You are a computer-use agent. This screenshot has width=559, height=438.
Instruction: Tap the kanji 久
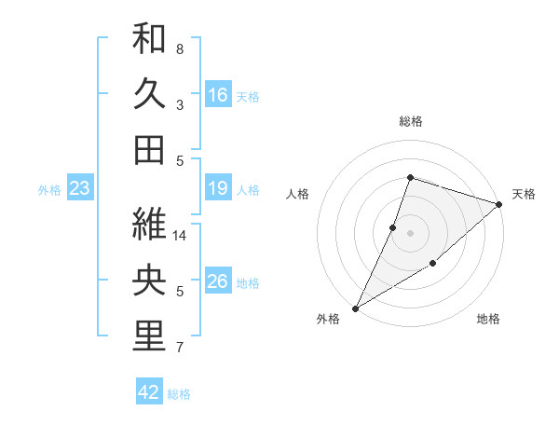pyautogui.click(x=149, y=94)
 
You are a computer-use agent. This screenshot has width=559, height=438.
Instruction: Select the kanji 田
pyautogui.click(x=149, y=150)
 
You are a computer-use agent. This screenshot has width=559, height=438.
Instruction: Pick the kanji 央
pyautogui.click(x=149, y=281)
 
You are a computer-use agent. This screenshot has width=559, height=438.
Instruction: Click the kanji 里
pyautogui.click(x=149, y=337)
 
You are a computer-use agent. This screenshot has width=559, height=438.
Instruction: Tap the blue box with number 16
pyautogui.click(x=218, y=94)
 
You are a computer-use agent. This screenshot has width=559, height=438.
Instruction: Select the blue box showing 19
pyautogui.click(x=218, y=189)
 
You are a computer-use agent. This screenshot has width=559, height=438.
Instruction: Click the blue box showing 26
pyautogui.click(x=218, y=282)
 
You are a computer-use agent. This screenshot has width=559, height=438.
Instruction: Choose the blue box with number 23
pyautogui.click(x=79, y=189)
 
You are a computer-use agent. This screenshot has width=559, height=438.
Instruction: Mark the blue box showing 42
pyautogui.click(x=149, y=392)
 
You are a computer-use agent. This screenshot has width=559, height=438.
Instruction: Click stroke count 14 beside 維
pyautogui.click(x=181, y=236)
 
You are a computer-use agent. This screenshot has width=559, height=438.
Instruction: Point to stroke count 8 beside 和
pyautogui.click(x=180, y=48)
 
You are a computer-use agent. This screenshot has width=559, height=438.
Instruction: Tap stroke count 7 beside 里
pyautogui.click(x=180, y=349)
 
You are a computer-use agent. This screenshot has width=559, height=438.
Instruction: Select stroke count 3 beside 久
pyautogui.click(x=180, y=104)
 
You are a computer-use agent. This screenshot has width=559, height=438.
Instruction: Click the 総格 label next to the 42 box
pyautogui.click(x=180, y=394)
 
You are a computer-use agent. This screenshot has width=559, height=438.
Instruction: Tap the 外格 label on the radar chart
pyautogui.click(x=328, y=319)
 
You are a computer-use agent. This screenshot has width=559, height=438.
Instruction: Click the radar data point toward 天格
pyautogui.click(x=499, y=205)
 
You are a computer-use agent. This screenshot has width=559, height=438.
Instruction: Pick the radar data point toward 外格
pyautogui.click(x=355, y=308)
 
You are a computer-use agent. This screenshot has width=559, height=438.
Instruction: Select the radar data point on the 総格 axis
pyautogui.click(x=410, y=178)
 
